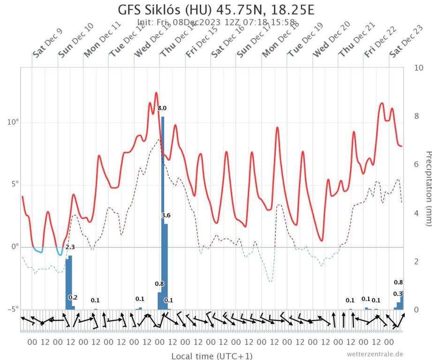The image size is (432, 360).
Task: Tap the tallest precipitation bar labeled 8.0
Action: pyautogui.click(x=163, y=211)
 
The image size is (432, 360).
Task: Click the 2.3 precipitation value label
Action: pyautogui.click(x=70, y=247)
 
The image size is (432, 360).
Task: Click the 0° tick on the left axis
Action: pyautogui.click(x=15, y=247)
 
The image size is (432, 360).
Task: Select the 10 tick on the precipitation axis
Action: pyautogui.click(x=419, y=67)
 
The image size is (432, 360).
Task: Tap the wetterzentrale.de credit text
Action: pyautogui.click(x=375, y=354)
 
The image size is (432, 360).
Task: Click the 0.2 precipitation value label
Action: pyautogui.click(x=73, y=297)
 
